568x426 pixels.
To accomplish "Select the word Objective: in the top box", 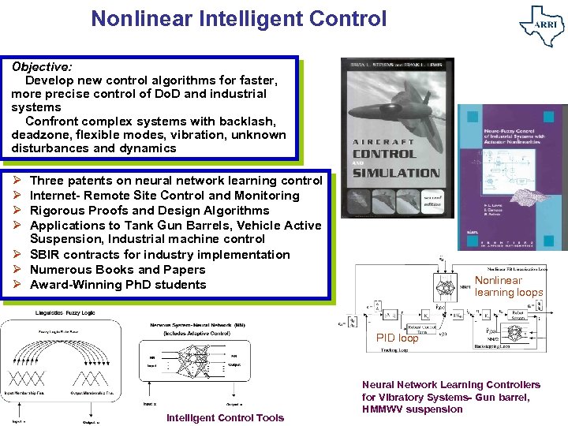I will [x=42, y=66].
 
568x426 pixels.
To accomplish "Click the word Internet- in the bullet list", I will [x=54, y=196].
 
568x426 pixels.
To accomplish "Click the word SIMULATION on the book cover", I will [x=396, y=173].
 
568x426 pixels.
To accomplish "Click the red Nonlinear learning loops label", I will [x=508, y=286].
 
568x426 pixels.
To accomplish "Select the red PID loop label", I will [x=398, y=338].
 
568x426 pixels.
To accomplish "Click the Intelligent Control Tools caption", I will [x=225, y=418].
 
